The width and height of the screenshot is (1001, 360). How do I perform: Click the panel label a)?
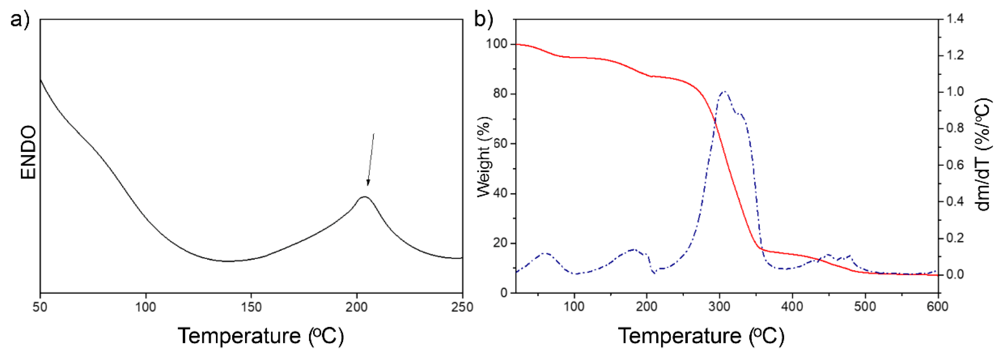[19, 19]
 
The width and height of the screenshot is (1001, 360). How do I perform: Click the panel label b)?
[483, 19]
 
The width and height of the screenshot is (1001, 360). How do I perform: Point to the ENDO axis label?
[28, 152]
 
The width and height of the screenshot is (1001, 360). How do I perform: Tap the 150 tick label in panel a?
[251, 307]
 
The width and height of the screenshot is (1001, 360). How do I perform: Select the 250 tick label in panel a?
[462, 307]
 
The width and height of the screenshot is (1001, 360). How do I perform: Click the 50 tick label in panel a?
[40, 307]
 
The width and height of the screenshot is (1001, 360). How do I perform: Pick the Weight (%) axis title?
[484, 156]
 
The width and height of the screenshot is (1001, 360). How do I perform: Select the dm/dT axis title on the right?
[983, 155]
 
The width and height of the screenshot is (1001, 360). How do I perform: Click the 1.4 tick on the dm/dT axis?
[955, 19]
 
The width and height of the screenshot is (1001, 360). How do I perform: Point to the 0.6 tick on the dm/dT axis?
[955, 165]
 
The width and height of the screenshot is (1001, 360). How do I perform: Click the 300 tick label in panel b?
[720, 307]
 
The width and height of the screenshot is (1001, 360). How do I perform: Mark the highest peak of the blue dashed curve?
[724, 92]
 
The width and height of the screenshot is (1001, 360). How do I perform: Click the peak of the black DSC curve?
[364, 197]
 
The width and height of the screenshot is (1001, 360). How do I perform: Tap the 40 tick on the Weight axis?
[500, 193]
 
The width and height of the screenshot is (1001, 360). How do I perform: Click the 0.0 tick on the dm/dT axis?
[955, 274]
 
